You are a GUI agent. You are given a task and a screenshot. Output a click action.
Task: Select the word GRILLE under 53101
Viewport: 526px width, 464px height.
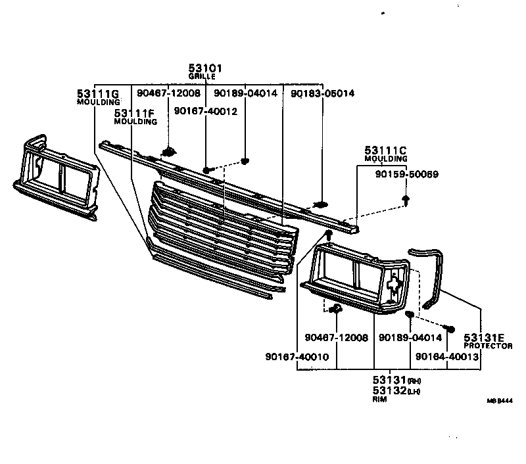tap(202, 77)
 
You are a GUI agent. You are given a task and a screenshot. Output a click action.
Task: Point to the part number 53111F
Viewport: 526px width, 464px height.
tap(135, 113)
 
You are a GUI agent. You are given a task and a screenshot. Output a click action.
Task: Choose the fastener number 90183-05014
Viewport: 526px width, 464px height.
tap(322, 93)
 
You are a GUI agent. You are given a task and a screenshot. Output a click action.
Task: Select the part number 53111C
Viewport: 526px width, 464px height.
tap(386, 151)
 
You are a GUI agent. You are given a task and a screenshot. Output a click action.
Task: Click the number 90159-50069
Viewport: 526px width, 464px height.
tap(407, 174)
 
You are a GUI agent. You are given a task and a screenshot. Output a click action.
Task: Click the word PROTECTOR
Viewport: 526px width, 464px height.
tap(488, 346)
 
